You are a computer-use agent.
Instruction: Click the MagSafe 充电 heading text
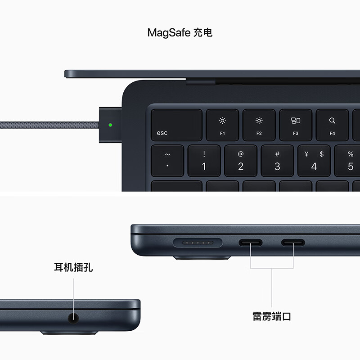[180, 32]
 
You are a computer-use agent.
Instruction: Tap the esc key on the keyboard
[176, 125]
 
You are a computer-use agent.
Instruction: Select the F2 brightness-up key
[259, 125]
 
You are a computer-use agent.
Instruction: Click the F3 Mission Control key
[296, 125]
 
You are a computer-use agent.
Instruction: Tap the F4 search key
[332, 125]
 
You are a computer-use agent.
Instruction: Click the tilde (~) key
[167, 160]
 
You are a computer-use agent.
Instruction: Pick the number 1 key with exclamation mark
[204, 160]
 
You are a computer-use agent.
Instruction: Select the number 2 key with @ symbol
[241, 160]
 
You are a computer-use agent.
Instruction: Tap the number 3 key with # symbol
[277, 160]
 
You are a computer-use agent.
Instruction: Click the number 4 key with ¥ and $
[314, 160]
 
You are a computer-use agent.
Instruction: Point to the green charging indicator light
[111, 125]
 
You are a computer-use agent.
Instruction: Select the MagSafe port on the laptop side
[198, 243]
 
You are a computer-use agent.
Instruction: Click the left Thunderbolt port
[250, 243]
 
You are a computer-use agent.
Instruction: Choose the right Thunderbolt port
[293, 243]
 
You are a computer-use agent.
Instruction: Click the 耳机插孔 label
[73, 268]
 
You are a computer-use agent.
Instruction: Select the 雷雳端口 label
[272, 316]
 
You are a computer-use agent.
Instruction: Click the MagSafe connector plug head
[110, 125]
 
